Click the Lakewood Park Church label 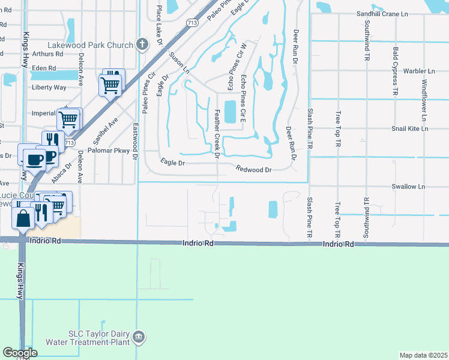[x=91, y=46]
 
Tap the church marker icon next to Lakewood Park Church [x=142, y=44]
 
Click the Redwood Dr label [x=254, y=170]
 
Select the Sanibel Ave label [x=110, y=127]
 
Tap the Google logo [x=20, y=352]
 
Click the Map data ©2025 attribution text [x=423, y=355]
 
